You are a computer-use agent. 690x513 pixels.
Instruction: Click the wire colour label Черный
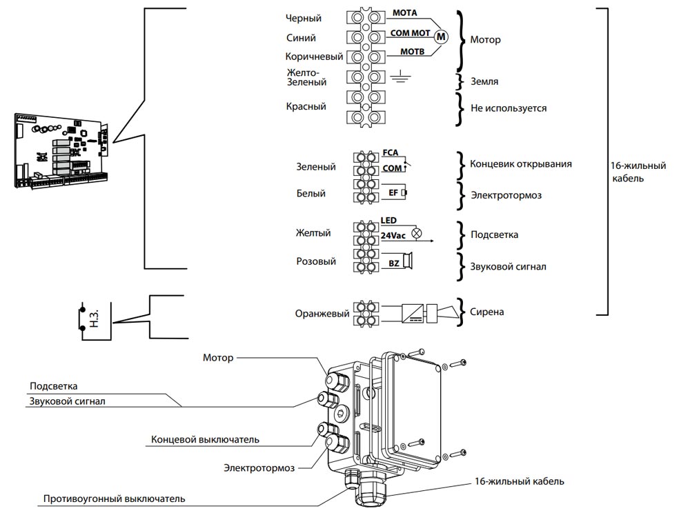304,19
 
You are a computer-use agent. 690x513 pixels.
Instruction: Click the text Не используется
509,108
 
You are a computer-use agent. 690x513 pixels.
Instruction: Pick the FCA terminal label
390,153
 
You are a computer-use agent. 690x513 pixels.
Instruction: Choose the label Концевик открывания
520,165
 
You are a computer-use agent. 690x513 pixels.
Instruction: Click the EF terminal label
395,193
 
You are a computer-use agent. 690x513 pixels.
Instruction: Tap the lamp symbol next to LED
416,232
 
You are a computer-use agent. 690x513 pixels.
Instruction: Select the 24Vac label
393,236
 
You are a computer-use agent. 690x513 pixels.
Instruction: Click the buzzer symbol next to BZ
409,261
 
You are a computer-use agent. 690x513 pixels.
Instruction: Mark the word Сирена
486,312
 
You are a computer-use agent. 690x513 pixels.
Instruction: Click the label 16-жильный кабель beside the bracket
638,172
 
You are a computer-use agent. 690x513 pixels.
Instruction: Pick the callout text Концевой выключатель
205,439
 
